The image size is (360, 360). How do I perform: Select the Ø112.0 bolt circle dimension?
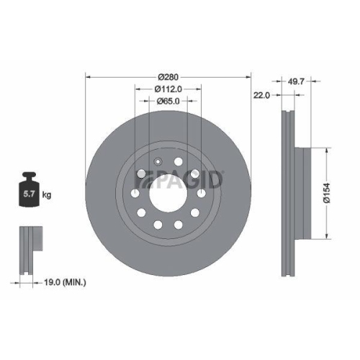(x=169, y=89)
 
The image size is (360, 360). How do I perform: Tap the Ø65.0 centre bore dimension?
(x=169, y=102)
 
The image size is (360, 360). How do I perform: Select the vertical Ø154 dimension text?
(x=326, y=192)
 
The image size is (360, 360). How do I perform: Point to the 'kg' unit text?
(x=46, y=194)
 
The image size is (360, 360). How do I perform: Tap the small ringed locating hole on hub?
(x=158, y=161)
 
